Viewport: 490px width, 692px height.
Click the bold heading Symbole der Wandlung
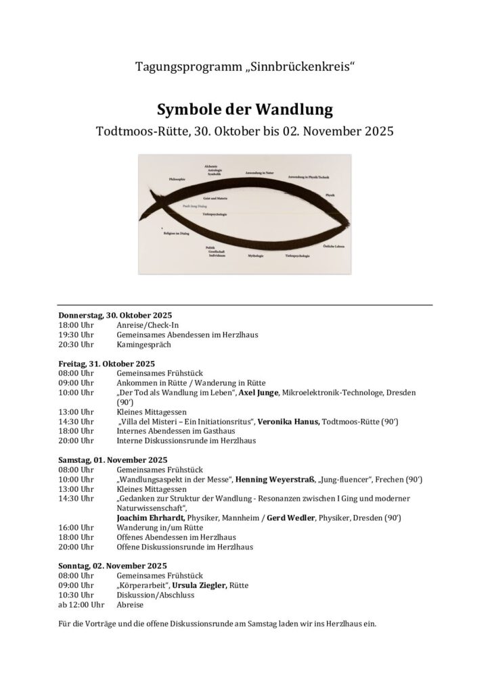[244, 108]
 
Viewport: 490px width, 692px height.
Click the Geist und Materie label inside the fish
[215, 198]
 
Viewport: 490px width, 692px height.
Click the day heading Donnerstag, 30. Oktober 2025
[115, 315]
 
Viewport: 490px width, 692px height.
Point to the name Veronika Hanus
[290, 422]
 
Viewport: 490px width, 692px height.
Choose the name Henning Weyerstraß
[275, 479]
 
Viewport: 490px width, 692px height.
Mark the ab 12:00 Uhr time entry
[81, 605]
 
